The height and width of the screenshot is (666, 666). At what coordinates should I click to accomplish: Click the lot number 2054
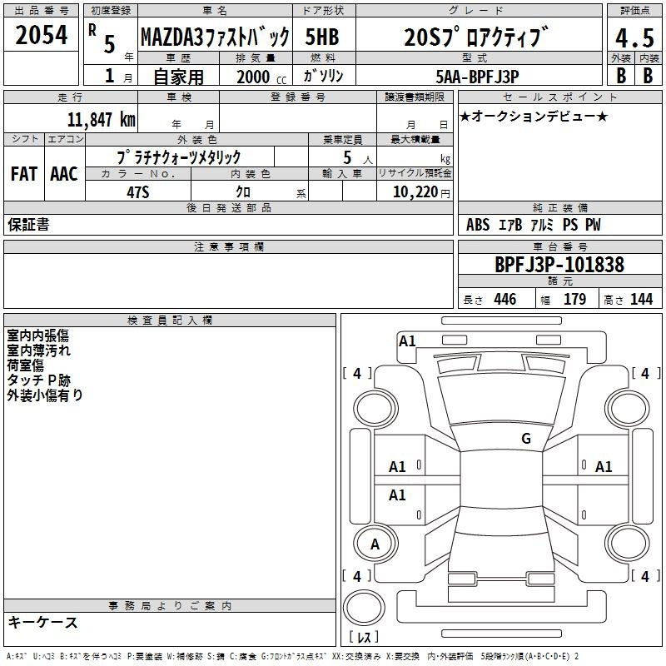click(x=42, y=35)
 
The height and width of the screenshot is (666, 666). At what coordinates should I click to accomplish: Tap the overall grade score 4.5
click(x=634, y=38)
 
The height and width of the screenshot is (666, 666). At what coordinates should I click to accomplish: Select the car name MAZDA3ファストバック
click(x=215, y=37)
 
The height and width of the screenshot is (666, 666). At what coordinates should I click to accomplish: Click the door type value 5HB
click(x=321, y=37)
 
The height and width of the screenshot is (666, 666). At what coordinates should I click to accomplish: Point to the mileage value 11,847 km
click(x=102, y=119)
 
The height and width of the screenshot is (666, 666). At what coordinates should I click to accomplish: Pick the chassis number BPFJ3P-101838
click(x=559, y=265)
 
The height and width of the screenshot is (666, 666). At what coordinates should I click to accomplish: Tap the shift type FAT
click(x=24, y=174)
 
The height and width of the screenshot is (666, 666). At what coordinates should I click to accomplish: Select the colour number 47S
click(x=137, y=192)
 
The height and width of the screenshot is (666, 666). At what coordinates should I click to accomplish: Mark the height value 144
click(x=641, y=300)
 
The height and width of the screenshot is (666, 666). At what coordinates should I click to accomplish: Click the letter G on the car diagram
click(x=525, y=439)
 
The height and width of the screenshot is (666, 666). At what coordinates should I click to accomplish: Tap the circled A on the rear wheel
click(x=375, y=544)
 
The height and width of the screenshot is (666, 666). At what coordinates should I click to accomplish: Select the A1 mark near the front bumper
click(x=407, y=340)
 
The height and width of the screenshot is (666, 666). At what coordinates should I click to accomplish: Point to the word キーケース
click(x=43, y=623)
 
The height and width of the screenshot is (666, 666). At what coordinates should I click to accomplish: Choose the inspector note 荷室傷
click(x=26, y=365)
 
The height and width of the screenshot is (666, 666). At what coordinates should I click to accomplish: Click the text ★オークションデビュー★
click(x=534, y=116)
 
